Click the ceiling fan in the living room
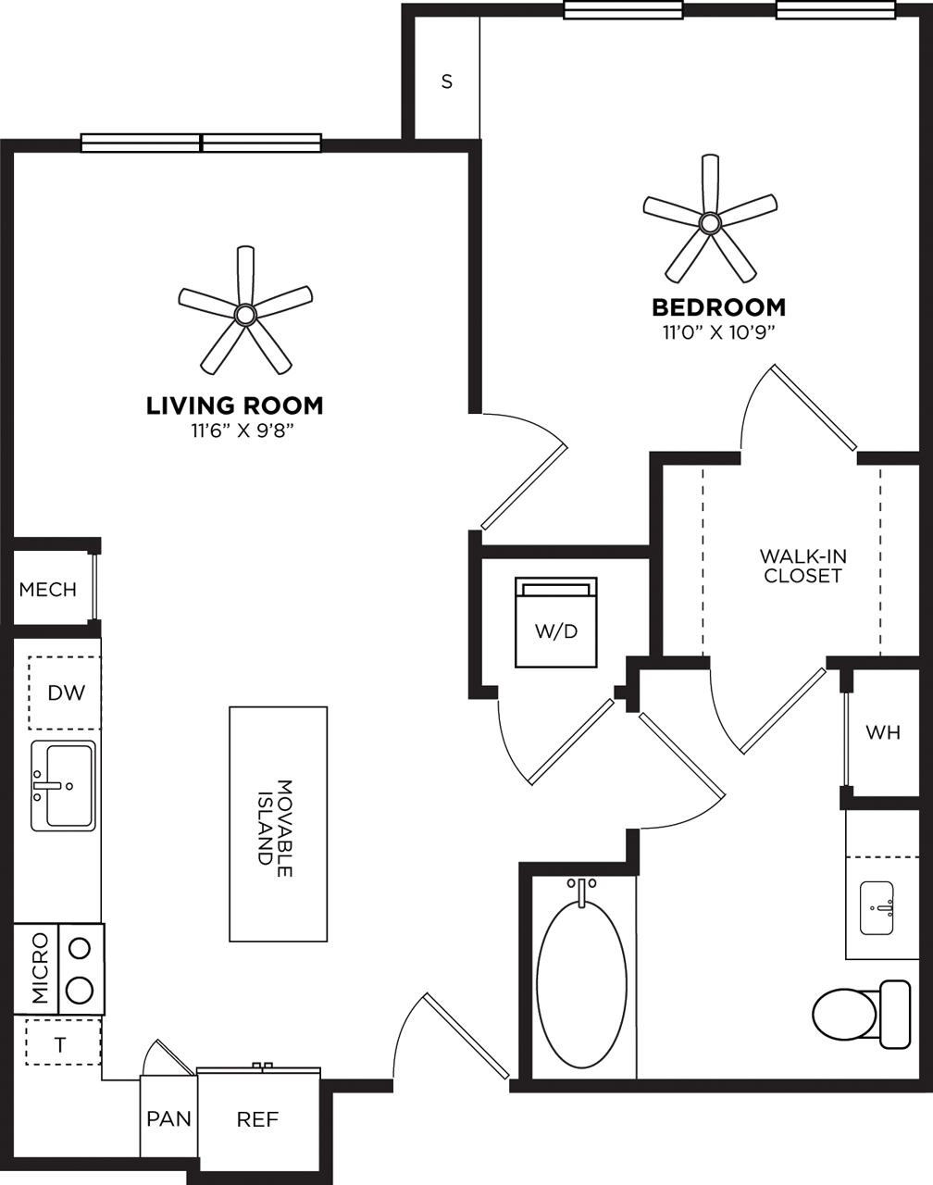pos(244,315)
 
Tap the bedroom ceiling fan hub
pos(710,222)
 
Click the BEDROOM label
pos(718,307)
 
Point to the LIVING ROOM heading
pos(235,405)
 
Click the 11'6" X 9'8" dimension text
pos(235,430)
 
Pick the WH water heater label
pos(882,732)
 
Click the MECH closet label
pos(47,590)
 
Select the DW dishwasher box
pos(65,692)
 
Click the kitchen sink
pos(63,785)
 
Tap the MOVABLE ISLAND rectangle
pos(278,824)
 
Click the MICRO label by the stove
pos(39,968)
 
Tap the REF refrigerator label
pos(257,1119)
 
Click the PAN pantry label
pos(169,1118)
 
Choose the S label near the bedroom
pos(447,81)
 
